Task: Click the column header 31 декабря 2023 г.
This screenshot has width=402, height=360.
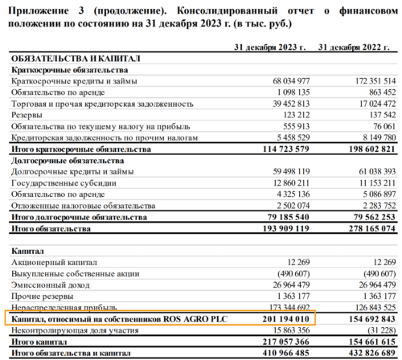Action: pos(269,48)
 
